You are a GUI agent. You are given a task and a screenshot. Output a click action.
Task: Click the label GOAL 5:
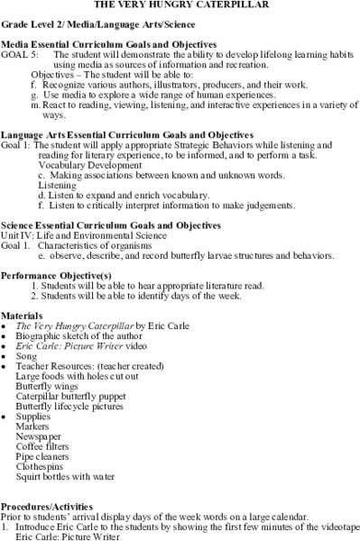click(x=18, y=55)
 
